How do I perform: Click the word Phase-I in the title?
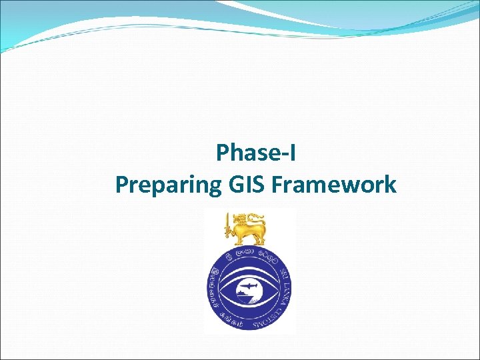[256, 154]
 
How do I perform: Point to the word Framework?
[334, 183]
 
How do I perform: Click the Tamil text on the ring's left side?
[215, 287]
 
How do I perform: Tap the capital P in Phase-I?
[223, 154]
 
